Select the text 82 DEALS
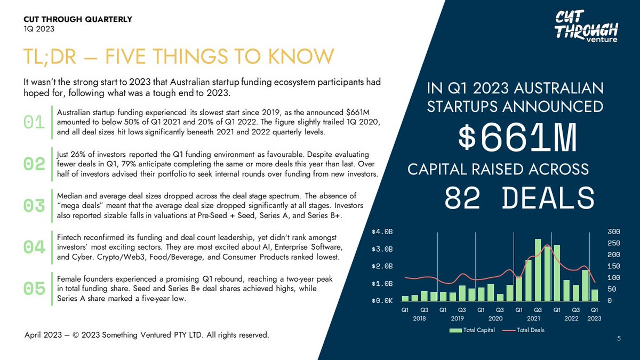tap(519, 198)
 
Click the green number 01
tap(35, 122)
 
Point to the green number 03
tap(35, 205)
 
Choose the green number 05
tap(35, 288)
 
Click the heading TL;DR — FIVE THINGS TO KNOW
tap(179, 57)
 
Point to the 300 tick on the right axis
tap(613, 232)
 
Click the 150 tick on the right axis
tap(613, 266)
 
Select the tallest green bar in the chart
tap(538, 269)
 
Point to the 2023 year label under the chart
tap(595, 318)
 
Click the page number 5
tap(619, 338)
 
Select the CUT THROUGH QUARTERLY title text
tap(77, 20)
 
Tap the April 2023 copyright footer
tap(147, 335)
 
